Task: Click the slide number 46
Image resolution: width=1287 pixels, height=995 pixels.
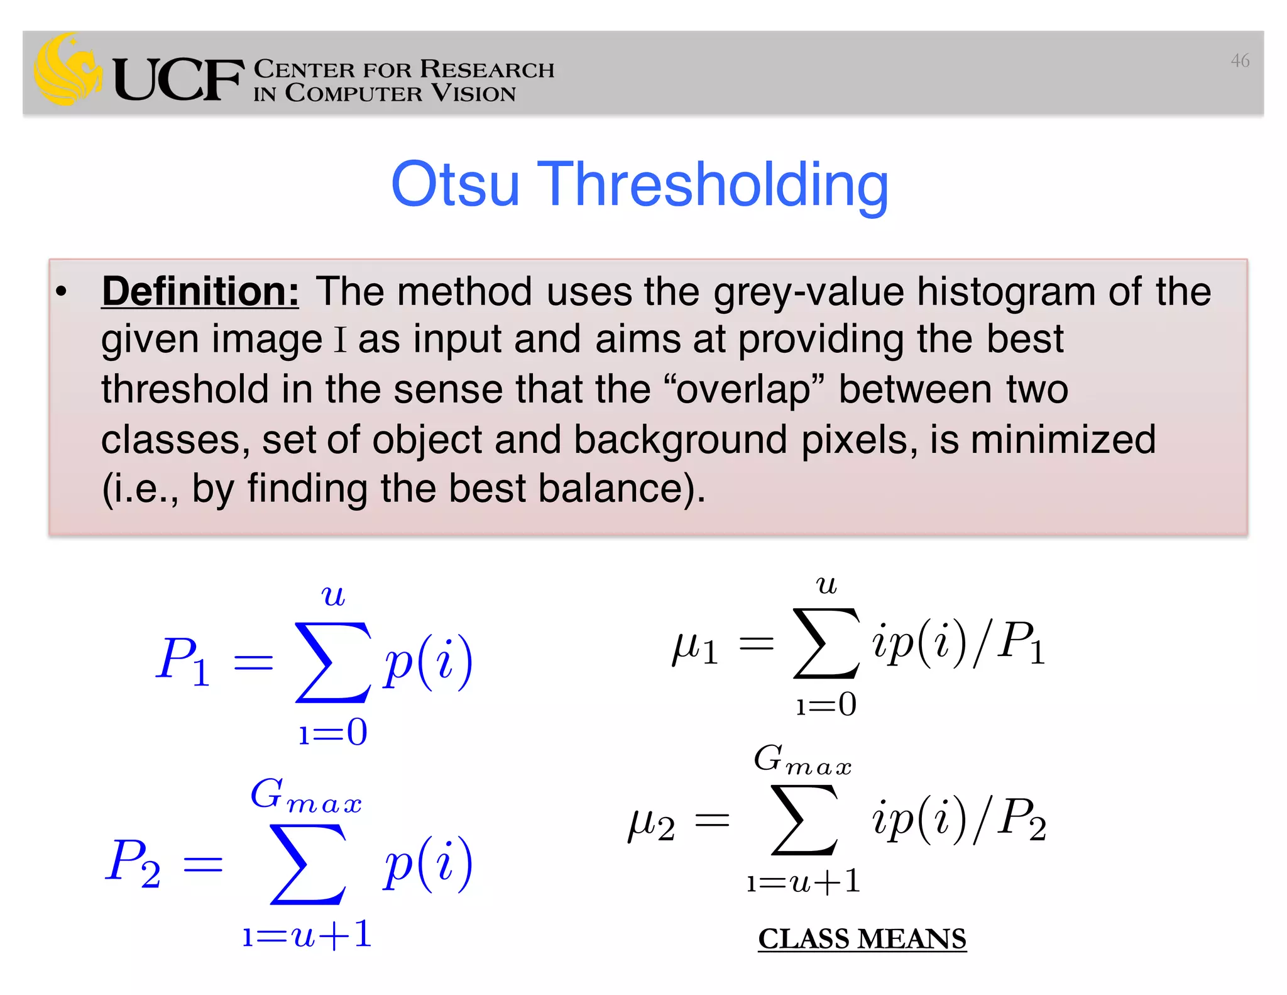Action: coord(1239,60)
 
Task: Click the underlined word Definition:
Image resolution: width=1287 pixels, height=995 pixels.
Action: coord(200,292)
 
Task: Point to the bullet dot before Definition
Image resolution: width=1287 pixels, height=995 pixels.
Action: coord(61,292)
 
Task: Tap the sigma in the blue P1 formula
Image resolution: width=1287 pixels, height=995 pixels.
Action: coord(332,662)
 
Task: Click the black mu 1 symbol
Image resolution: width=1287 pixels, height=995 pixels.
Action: coord(694,648)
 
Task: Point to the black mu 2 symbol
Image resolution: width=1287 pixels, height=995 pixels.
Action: coord(651,824)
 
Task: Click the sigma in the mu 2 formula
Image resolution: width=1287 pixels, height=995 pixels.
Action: coord(804,821)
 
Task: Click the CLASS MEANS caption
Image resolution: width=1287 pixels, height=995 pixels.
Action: coord(862,938)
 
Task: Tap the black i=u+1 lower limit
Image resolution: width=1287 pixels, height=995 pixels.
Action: coord(803,882)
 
